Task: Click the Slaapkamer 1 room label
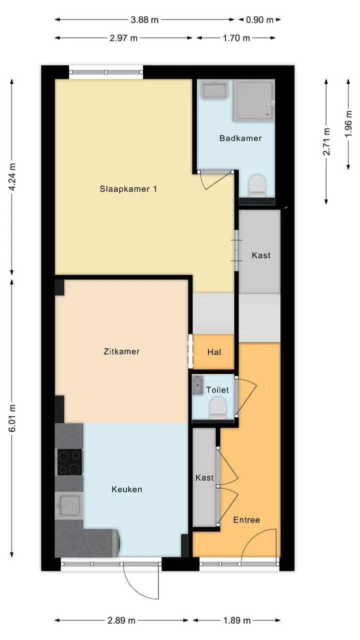click(128, 189)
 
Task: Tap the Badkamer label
click(240, 138)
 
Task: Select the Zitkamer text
click(121, 351)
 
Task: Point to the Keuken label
click(127, 489)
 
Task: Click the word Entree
click(246, 519)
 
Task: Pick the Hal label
click(214, 352)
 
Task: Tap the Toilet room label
click(217, 390)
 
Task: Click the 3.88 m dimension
click(144, 20)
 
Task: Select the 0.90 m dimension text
click(259, 20)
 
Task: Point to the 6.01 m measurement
click(12, 418)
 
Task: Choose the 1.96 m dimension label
click(348, 124)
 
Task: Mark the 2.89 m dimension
click(121, 620)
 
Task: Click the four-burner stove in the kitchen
click(70, 462)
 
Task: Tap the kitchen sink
click(69, 505)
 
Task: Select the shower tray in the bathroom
click(253, 100)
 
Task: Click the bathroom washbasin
click(214, 89)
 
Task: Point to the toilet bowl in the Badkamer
click(257, 186)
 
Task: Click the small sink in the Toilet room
click(197, 385)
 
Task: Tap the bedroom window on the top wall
click(106, 72)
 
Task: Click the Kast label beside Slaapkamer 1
click(261, 255)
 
